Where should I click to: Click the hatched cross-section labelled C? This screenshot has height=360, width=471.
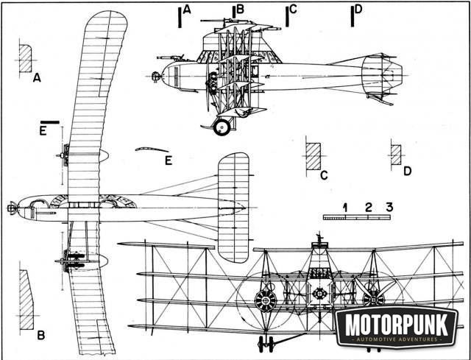pyautogui.click(x=313, y=155)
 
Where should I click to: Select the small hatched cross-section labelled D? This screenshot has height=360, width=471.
pyautogui.click(x=396, y=154)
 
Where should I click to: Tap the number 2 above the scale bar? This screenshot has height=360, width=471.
pyautogui.click(x=368, y=206)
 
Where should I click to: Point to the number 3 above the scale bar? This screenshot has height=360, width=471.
pyautogui.click(x=389, y=206)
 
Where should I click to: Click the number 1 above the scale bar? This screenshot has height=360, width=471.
pyautogui.click(x=344, y=206)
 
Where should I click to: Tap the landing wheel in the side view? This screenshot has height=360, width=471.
pyautogui.click(x=222, y=127)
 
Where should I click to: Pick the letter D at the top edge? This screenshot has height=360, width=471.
pyautogui.click(x=358, y=9)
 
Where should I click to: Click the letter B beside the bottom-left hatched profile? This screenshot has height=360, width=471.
pyautogui.click(x=41, y=335)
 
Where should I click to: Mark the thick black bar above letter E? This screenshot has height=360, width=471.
pyautogui.click(x=50, y=121)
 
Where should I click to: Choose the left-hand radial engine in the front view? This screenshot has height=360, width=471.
pyautogui.click(x=264, y=300)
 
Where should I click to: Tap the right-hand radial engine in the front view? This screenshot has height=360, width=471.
pyautogui.click(x=373, y=297)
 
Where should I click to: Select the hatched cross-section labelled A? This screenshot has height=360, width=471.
pyautogui.click(x=24, y=58)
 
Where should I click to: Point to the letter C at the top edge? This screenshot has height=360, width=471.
pyautogui.click(x=293, y=9)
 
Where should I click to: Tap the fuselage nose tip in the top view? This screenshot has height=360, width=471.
pyautogui.click(x=10, y=208)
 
